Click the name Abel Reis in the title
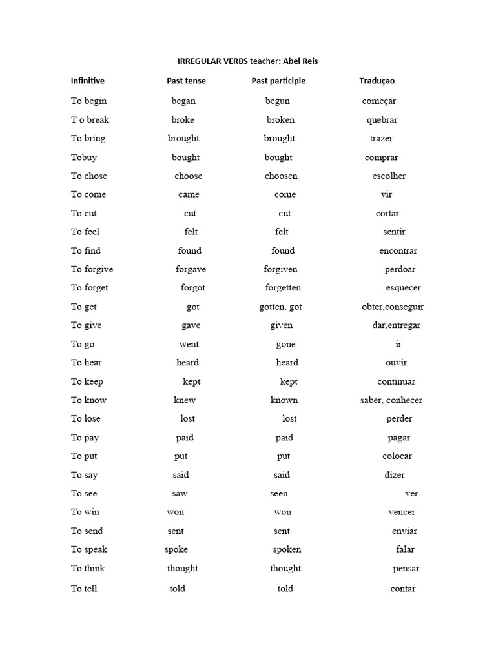pos(300,61)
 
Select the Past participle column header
pos(278,81)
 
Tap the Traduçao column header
pos(377,81)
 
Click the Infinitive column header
pos(88,81)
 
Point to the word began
pos(183,101)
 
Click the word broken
pos(280,119)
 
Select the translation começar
pos(379,101)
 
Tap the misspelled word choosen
pos(281,176)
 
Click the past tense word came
pos(189,194)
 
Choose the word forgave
pos(191,269)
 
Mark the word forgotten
pos(283,288)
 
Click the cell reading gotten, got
pos(280,307)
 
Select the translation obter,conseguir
pos(393,307)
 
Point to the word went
pos(189,344)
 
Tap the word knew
pos(185,400)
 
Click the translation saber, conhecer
pos(391,400)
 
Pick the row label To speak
pos(89,549)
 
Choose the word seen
pos(279,494)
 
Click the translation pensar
pos(406,569)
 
